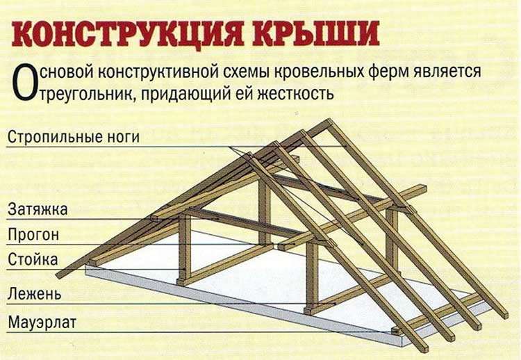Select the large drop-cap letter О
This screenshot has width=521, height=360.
(x=24, y=82)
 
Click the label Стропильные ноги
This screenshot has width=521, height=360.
(x=74, y=137)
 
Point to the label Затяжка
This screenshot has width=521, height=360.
(x=38, y=210)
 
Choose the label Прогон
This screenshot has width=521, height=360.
(x=33, y=235)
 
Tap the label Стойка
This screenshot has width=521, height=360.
(x=33, y=259)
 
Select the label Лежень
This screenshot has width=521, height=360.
(x=35, y=294)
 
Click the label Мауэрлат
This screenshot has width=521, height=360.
(x=42, y=322)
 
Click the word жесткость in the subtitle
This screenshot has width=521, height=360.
(x=296, y=93)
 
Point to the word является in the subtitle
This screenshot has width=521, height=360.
(x=447, y=71)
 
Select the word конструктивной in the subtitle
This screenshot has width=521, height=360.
(x=158, y=71)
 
